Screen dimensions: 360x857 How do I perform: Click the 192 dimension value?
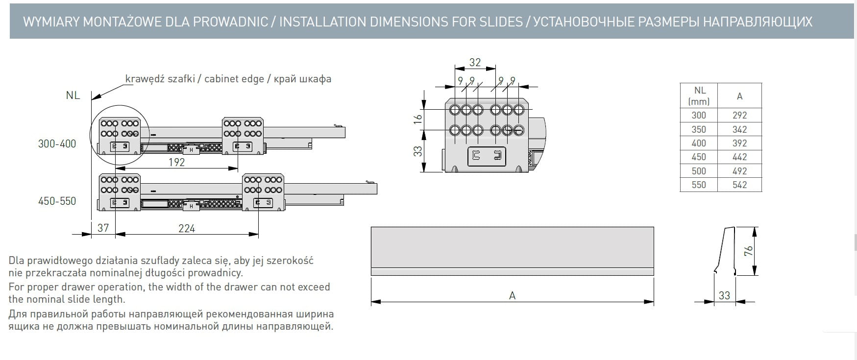click(x=176, y=162)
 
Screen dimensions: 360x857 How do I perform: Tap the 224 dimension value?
click(x=187, y=228)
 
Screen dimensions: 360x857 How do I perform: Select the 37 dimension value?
click(x=103, y=228)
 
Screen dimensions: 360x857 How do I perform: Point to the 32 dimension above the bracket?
click(x=475, y=62)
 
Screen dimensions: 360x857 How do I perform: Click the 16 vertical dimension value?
click(x=417, y=119)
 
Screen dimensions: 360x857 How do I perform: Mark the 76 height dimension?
click(x=748, y=251)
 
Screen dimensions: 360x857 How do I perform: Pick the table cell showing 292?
click(x=739, y=115)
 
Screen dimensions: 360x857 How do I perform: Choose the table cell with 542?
click(x=739, y=185)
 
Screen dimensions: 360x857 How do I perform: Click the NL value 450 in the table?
click(x=699, y=157)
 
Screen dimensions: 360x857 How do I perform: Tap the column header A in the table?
click(x=739, y=96)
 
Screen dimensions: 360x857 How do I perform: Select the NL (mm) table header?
click(x=699, y=96)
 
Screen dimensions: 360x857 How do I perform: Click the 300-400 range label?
click(x=57, y=144)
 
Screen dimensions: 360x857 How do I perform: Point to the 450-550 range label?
click(x=57, y=201)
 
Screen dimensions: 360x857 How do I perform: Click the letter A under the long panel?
click(x=512, y=296)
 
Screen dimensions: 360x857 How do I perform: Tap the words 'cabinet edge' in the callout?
click(x=234, y=79)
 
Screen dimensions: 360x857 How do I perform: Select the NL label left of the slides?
click(x=73, y=96)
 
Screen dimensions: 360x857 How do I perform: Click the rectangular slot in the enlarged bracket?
click(x=487, y=156)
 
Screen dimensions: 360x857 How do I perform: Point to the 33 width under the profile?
click(x=724, y=295)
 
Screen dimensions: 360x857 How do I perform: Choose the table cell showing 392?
click(x=739, y=143)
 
